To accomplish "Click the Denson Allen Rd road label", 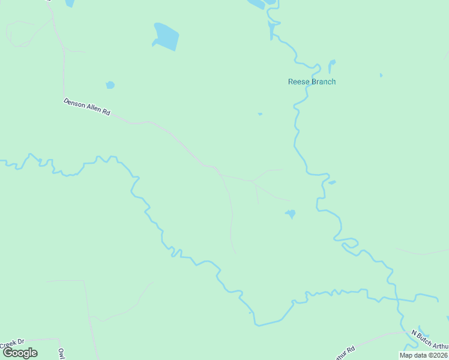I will pos(87,107).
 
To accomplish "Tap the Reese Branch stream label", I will pos(312,82).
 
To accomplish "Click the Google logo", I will pos(20,353).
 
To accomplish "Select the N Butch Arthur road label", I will pos(429,340).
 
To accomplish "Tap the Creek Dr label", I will pos(11,344).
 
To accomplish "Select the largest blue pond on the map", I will pos(166,36).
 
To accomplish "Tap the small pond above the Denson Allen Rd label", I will pos(110,85).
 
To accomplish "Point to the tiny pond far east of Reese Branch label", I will pos(381,75).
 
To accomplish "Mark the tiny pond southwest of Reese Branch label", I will pos(260,113).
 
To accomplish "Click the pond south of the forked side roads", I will pos(291,214).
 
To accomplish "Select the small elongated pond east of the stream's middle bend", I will pos(332,182).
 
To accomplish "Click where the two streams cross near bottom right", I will pos(398,298).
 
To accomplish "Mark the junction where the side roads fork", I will pos(251,180).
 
